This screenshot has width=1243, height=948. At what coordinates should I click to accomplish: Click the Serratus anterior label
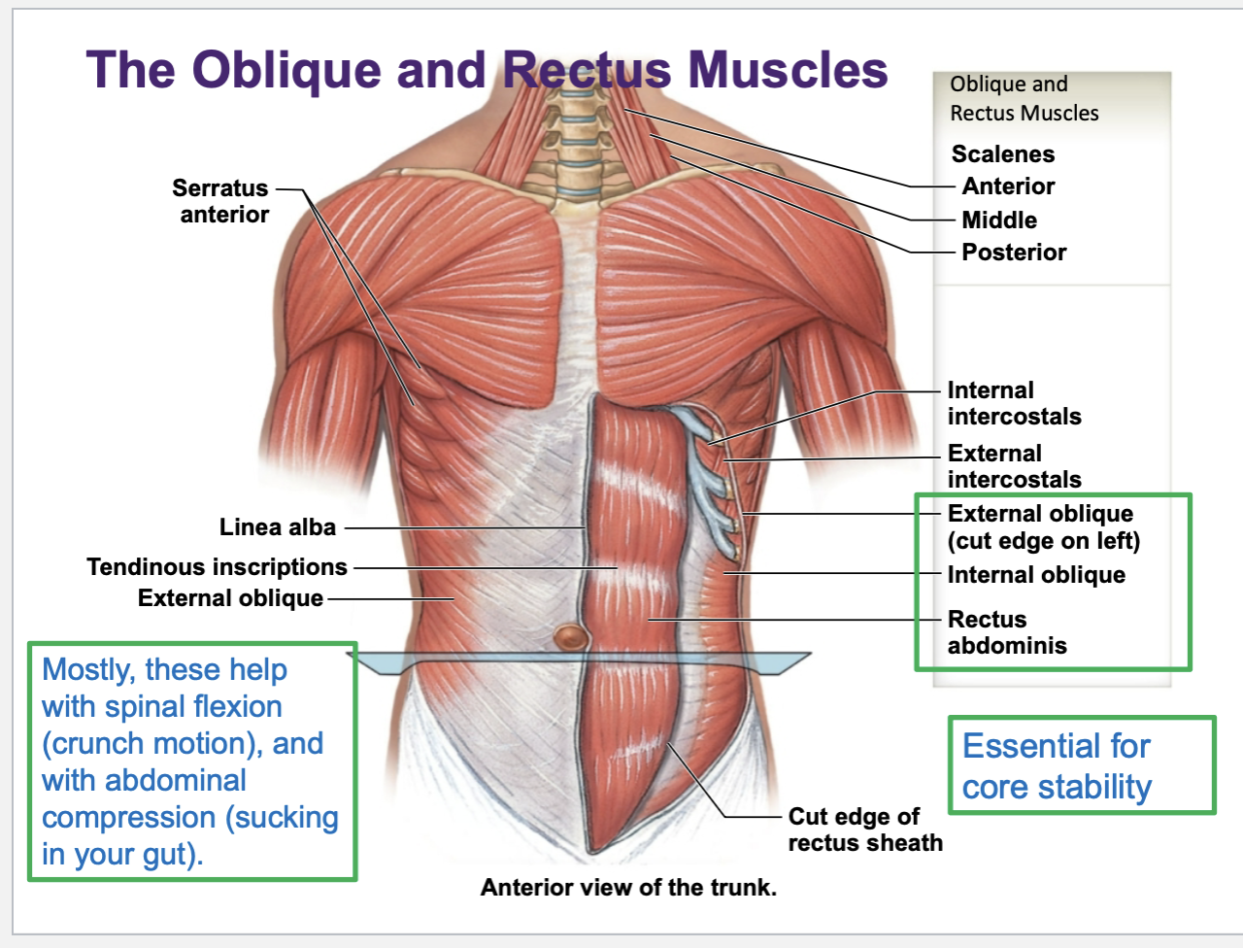pyautogui.click(x=221, y=201)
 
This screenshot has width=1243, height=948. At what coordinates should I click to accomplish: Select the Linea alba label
pyautogui.click(x=277, y=527)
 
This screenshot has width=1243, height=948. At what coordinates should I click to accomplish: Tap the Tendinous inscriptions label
pyautogui.click(x=217, y=566)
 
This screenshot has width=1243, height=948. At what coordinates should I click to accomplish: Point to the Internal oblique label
pyautogui.click(x=1036, y=575)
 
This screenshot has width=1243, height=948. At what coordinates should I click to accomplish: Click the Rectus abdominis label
pyautogui.click(x=1006, y=632)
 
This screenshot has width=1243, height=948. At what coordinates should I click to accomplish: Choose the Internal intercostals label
pyautogui.click(x=1014, y=403)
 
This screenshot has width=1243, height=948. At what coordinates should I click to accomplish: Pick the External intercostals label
pyautogui.click(x=1014, y=466)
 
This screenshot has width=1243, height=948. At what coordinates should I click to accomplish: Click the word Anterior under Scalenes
pyautogui.click(x=1008, y=186)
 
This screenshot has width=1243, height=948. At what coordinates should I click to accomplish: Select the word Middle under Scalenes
pyautogui.click(x=999, y=220)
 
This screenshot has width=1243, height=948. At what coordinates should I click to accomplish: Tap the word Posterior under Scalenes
pyautogui.click(x=1014, y=253)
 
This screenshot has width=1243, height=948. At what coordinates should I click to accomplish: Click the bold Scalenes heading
pyautogui.click(x=1002, y=154)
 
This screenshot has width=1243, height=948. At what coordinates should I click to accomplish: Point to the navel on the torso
pyautogui.click(x=571, y=638)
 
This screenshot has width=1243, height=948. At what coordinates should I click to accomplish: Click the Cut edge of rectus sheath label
pyautogui.click(x=864, y=829)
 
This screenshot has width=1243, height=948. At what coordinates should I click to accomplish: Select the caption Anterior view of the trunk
pyautogui.click(x=628, y=887)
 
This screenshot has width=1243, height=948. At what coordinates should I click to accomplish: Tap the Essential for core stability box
pyautogui.click(x=1080, y=765)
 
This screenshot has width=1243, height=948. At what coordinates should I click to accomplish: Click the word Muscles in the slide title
pyautogui.click(x=788, y=70)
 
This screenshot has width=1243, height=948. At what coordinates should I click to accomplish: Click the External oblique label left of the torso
pyautogui.click(x=230, y=598)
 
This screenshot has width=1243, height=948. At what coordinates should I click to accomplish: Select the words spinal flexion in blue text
pyautogui.click(x=194, y=707)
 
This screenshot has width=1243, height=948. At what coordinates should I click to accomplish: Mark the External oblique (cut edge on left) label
pyautogui.click(x=1043, y=526)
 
